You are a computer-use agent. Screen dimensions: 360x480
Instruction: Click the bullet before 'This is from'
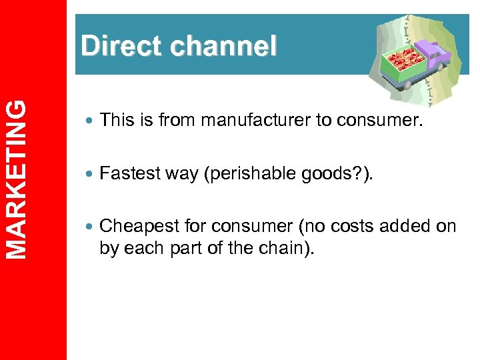tap(89, 121)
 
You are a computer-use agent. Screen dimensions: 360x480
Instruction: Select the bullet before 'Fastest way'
tap(89, 174)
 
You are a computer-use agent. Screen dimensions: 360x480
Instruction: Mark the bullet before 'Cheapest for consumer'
tap(89, 227)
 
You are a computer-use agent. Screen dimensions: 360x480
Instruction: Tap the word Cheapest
tap(134, 226)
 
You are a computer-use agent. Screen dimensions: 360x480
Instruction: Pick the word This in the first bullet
tap(114, 120)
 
